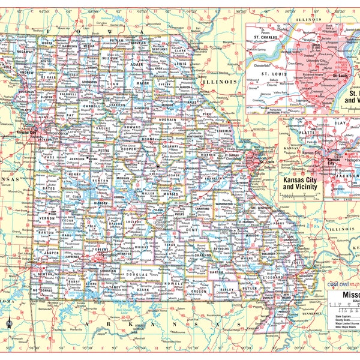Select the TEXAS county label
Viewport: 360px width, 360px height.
click(x=170, y=245)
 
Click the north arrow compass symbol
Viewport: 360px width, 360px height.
click(x=9, y=323)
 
